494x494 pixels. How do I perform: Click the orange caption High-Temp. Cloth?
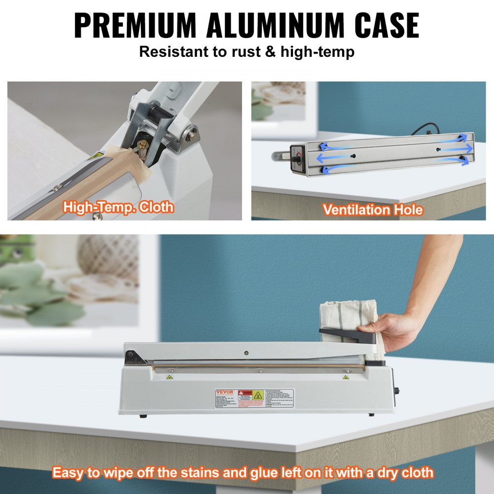[118, 206]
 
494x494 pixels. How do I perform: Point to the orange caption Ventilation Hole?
[373, 209]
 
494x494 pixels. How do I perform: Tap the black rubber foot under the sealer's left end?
[143, 415]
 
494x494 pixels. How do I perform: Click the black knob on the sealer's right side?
[396, 392]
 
